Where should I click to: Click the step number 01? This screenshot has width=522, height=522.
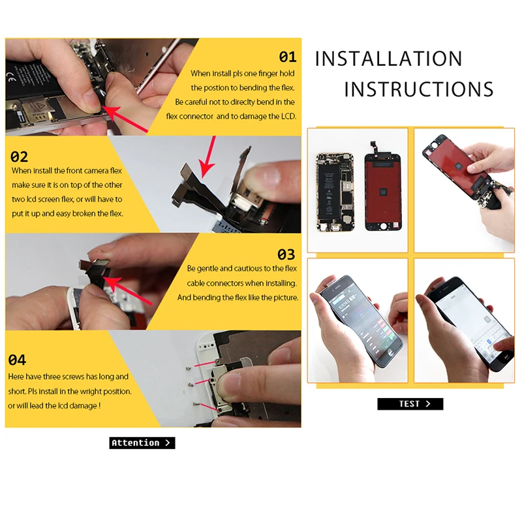(x=288, y=57)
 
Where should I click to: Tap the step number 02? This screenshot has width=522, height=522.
(x=19, y=157)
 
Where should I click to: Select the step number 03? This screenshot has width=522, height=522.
(x=286, y=254)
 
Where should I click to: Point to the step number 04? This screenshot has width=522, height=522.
(x=17, y=360)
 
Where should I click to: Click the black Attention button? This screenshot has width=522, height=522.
(x=142, y=443)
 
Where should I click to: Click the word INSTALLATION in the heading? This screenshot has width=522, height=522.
(x=388, y=59)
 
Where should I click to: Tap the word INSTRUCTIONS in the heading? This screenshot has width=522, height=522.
(x=419, y=89)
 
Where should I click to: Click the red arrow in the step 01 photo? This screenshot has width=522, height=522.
(x=125, y=119)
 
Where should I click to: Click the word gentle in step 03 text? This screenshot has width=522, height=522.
(x=207, y=269)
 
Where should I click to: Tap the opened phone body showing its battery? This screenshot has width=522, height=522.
(x=335, y=192)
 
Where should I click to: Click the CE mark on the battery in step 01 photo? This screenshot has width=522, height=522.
(x=12, y=79)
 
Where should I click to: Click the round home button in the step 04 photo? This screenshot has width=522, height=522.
(x=229, y=383)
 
